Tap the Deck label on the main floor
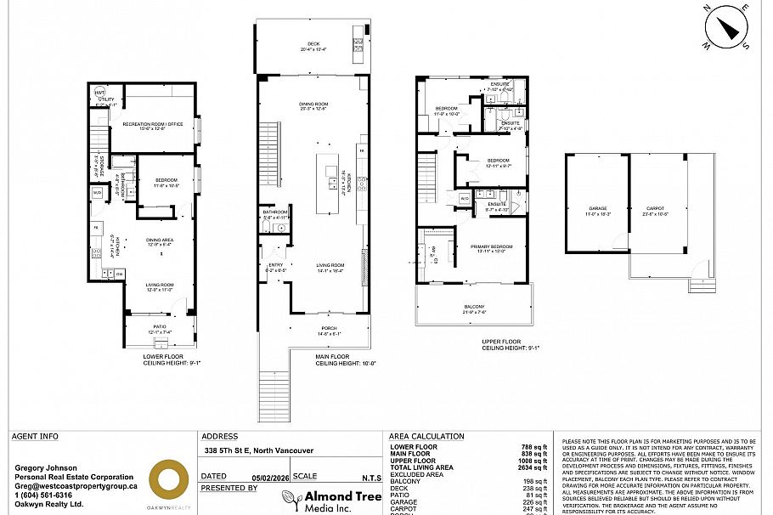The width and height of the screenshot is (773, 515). (313, 47)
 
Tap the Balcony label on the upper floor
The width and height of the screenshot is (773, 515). (474, 308)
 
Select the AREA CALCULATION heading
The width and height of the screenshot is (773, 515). (426, 437)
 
